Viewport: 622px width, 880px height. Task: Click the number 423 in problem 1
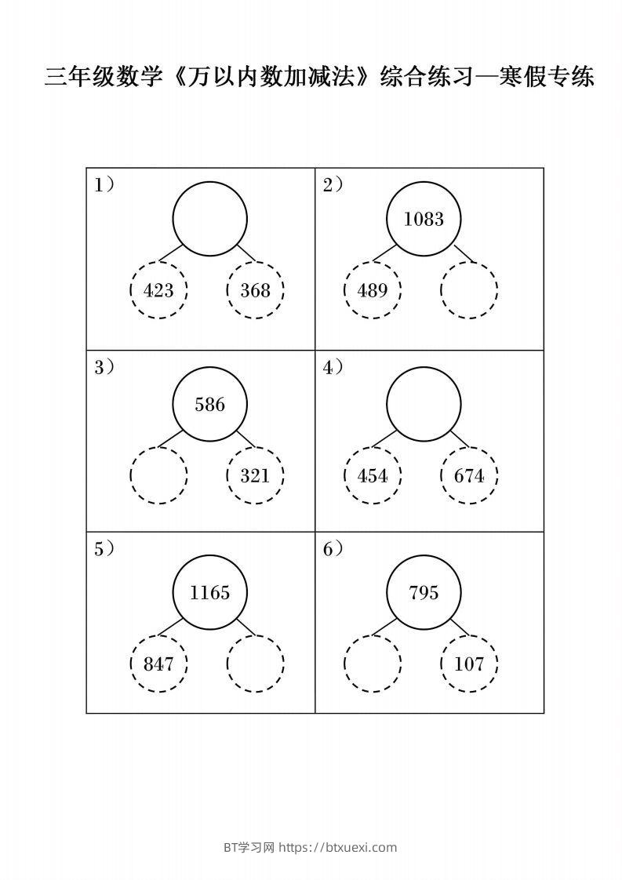click(158, 291)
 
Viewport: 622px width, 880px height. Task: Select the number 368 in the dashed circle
click(255, 291)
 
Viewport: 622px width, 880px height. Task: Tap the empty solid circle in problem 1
click(209, 219)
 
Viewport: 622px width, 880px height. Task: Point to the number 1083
click(424, 220)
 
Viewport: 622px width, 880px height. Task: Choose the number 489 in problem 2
click(373, 291)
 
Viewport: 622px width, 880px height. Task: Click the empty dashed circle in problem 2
click(469, 290)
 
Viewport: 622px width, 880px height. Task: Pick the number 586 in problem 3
click(209, 405)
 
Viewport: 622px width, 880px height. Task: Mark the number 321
click(255, 476)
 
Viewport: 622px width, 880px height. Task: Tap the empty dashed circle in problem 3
click(158, 475)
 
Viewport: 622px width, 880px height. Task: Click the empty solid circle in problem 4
click(424, 404)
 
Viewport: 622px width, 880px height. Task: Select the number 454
click(373, 476)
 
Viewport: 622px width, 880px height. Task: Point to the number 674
click(469, 476)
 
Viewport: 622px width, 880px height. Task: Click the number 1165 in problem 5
click(209, 593)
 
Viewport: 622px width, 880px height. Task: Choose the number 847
click(158, 664)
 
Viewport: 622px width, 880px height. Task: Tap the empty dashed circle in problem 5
click(255, 664)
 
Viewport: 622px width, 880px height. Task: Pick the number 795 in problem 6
click(424, 593)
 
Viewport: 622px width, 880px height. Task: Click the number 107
click(469, 664)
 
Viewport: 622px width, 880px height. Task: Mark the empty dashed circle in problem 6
click(373, 664)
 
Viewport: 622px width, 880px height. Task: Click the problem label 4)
click(333, 367)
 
